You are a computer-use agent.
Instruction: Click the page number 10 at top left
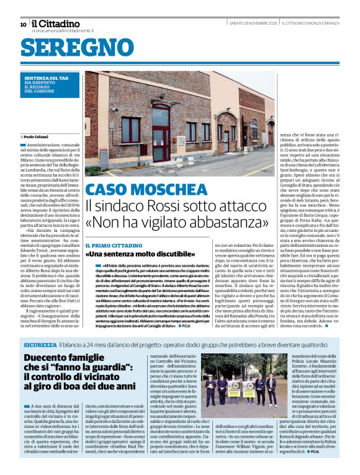[x=23, y=25]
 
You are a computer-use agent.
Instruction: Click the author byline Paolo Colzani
[x=39, y=136]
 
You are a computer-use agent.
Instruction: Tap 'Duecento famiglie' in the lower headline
[x=70, y=360]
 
